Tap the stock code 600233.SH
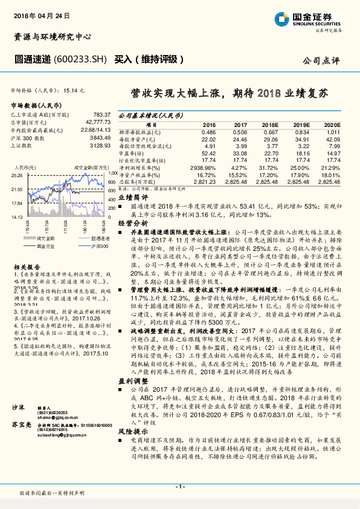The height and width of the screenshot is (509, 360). (80, 60)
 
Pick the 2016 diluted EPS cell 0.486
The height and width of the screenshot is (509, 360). (208, 132)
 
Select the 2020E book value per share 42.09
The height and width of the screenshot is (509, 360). (333, 139)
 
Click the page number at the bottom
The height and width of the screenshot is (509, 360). (179, 487)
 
